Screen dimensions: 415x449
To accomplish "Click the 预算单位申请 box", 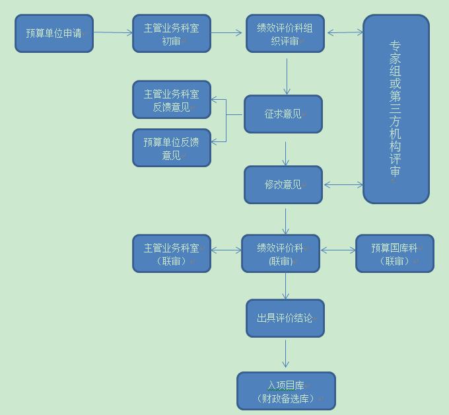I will [54, 33].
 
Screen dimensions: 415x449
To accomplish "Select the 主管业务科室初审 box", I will [172, 33].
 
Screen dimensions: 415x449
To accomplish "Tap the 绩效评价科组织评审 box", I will [285, 33].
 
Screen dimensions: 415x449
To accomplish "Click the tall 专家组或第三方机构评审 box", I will [396, 109].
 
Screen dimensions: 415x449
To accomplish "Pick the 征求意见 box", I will [283, 114].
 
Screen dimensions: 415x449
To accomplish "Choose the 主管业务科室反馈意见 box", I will [172, 100].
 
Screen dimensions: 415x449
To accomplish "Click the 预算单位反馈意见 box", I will [172, 148].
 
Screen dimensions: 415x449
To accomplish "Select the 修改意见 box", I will [283, 184].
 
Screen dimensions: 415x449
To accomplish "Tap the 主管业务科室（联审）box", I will [172, 253].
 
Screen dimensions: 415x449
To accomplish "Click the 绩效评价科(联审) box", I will [281, 253].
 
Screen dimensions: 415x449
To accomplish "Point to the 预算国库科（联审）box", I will [395, 253].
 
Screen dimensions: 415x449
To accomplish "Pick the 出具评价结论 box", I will [285, 318].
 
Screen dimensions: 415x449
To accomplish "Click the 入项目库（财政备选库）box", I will [287, 391].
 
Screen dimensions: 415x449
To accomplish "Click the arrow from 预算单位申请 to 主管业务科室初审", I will [113, 32].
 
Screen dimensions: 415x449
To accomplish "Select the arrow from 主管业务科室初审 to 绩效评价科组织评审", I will [228, 32].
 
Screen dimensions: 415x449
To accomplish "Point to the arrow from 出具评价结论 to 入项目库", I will [286, 354].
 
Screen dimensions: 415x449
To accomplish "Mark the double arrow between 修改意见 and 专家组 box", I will [343, 185].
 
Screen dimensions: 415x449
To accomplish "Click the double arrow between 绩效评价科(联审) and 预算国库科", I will [338, 250].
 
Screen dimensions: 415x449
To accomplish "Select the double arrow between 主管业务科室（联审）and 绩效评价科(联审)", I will [226, 250].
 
